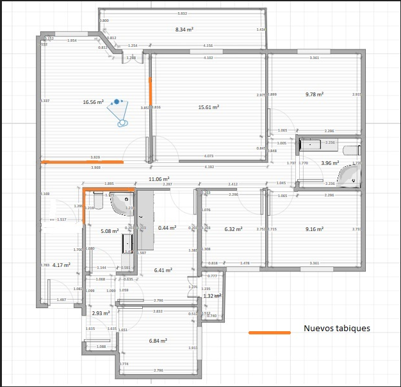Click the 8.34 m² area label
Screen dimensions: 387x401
click(x=184, y=30)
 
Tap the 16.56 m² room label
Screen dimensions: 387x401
click(x=94, y=101)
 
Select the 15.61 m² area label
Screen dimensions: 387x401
click(x=209, y=107)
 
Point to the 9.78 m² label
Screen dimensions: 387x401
click(x=313, y=94)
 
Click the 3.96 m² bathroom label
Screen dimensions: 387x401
click(x=330, y=163)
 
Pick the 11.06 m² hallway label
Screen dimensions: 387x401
click(x=158, y=179)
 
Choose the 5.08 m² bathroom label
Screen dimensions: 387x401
click(x=110, y=230)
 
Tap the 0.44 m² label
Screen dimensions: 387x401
click(x=167, y=228)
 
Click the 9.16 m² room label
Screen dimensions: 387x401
click(x=314, y=228)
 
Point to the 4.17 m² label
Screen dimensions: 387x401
click(x=61, y=264)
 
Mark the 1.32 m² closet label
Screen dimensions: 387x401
click(x=212, y=296)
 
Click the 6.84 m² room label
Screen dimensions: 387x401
click(x=158, y=341)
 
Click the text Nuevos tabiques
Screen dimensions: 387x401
click(x=337, y=328)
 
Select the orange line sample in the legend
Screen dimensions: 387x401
click(x=270, y=333)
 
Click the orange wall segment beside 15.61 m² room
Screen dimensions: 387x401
click(x=151, y=90)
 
